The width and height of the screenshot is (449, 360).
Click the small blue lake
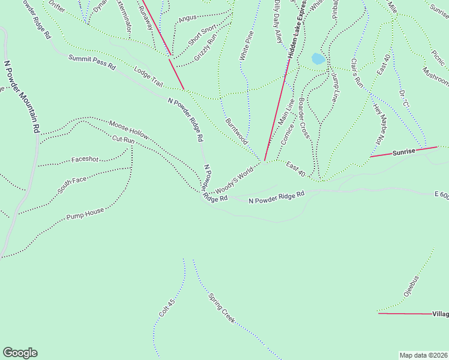coord(318,59)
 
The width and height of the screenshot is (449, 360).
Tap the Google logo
coord(20,353)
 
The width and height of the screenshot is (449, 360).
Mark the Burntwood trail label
coord(237,130)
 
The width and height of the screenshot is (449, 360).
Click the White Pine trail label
coord(246,46)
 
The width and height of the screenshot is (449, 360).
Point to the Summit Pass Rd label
coord(92,62)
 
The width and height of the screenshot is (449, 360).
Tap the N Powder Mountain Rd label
coord(22,96)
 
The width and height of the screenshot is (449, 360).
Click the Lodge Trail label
coord(148,76)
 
